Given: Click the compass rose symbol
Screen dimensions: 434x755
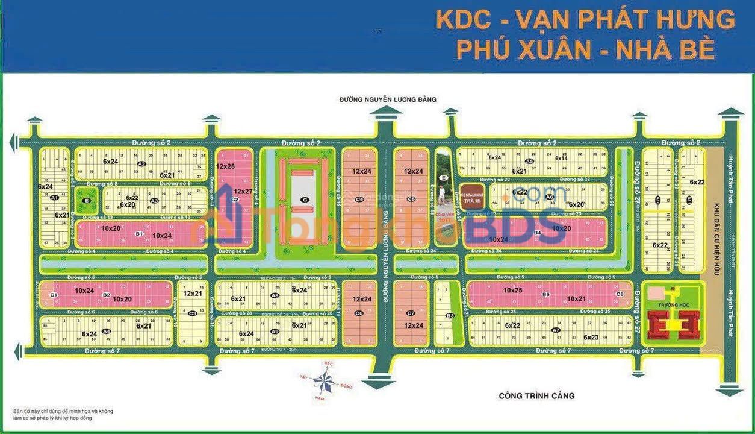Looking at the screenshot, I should (327, 380).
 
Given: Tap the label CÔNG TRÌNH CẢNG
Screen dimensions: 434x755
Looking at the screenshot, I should (536, 396).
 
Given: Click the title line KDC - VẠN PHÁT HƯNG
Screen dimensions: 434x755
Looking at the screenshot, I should (585, 20).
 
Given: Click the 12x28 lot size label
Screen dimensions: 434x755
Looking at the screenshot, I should (225, 166).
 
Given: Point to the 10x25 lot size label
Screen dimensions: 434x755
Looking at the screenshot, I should (513, 290).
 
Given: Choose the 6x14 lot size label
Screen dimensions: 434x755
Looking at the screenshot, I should (561, 158).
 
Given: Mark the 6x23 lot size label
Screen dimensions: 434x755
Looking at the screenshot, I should (591, 337).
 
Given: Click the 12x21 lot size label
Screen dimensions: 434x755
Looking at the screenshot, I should (193, 294).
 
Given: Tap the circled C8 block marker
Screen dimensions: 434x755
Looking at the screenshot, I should (620, 294).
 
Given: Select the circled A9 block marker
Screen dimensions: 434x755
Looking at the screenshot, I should (275, 332).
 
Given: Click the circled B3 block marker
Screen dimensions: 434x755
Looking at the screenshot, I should (450, 316).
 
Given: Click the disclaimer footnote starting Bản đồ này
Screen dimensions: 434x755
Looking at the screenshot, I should (63, 415).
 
